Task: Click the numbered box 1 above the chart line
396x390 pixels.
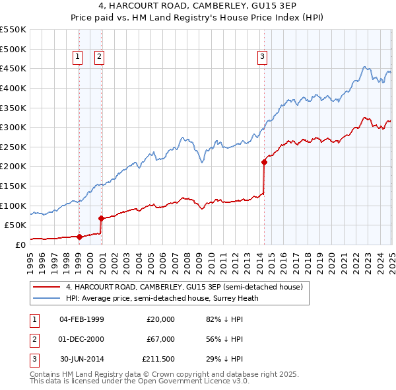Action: [78, 57]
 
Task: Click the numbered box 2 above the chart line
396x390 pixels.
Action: [99, 57]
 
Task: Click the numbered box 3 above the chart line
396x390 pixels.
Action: [262, 57]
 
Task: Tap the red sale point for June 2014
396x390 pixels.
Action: [264, 161]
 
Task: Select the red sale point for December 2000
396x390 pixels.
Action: [101, 218]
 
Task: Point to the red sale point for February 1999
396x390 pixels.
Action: [79, 237]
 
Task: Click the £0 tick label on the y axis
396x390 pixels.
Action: [20, 245]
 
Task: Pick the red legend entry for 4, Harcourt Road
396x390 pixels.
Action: [184, 287]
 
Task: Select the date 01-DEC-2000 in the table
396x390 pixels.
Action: [82, 339]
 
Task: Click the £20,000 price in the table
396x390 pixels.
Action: [160, 319]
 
